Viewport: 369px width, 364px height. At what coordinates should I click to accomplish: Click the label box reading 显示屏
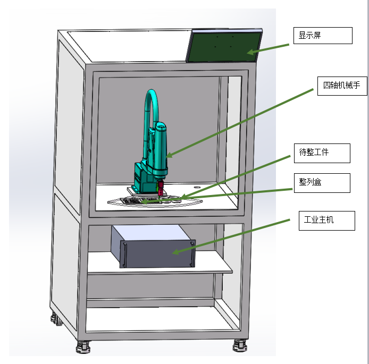323,36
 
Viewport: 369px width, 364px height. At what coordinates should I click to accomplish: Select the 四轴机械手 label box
342,86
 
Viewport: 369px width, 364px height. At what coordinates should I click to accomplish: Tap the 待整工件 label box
322,153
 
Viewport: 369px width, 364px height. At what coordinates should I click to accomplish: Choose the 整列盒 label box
322,183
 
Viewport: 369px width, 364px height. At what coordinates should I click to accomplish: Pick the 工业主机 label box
326,221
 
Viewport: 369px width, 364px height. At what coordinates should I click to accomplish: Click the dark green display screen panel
224,47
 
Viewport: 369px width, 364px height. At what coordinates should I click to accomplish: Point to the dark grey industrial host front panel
158,253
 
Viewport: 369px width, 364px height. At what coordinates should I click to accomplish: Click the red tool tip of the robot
160,188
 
